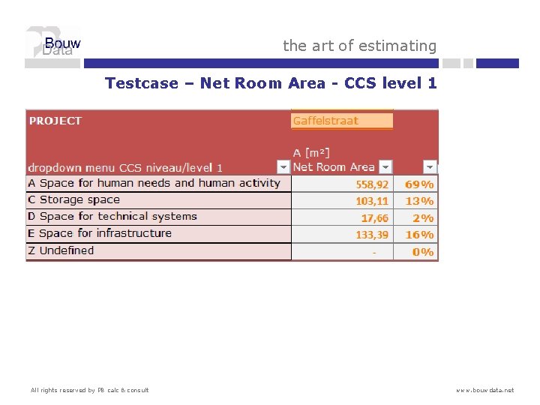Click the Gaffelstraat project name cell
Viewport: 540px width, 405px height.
(341, 121)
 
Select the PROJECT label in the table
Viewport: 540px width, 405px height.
(55, 121)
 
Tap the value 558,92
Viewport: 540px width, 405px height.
(372, 184)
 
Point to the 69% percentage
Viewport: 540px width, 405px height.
(419, 184)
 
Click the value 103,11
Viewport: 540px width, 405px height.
(372, 201)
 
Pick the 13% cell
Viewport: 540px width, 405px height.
(419, 201)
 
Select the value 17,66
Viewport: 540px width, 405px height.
(375, 218)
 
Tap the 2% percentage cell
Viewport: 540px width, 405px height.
(422, 218)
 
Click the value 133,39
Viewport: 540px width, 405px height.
(372, 235)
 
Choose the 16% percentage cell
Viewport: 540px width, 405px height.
(419, 235)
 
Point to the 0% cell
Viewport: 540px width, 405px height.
(423, 252)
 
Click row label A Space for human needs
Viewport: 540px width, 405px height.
(154, 183)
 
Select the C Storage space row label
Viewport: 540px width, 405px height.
(73, 199)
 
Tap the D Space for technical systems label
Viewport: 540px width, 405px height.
(112, 217)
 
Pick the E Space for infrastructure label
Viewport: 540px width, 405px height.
(100, 233)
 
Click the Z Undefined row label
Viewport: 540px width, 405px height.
(61, 250)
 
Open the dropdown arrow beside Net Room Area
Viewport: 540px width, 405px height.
(385, 167)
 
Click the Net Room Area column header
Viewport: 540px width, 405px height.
(333, 167)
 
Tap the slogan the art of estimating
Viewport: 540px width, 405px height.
(359, 46)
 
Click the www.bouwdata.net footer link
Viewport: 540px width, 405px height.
(484, 390)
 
